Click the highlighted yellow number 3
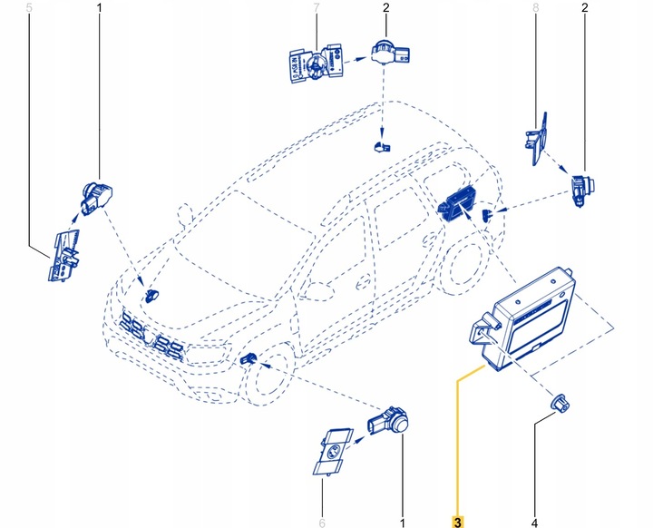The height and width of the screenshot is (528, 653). point(457,520)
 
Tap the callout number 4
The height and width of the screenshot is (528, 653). point(534,521)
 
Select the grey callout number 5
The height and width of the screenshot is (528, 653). point(30,9)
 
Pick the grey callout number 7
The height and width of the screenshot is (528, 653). point(317,9)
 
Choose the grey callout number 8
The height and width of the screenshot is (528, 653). point(535,9)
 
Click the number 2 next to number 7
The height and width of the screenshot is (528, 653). point(385,9)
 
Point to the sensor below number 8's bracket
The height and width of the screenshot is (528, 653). point(580,187)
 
